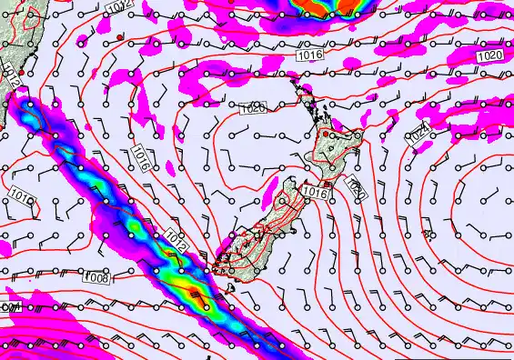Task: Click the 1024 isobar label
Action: click(x=419, y=136)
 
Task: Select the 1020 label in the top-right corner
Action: click(x=489, y=55)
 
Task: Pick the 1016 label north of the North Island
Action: click(x=311, y=56)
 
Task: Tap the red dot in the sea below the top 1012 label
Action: click(x=119, y=35)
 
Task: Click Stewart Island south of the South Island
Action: click(x=230, y=288)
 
